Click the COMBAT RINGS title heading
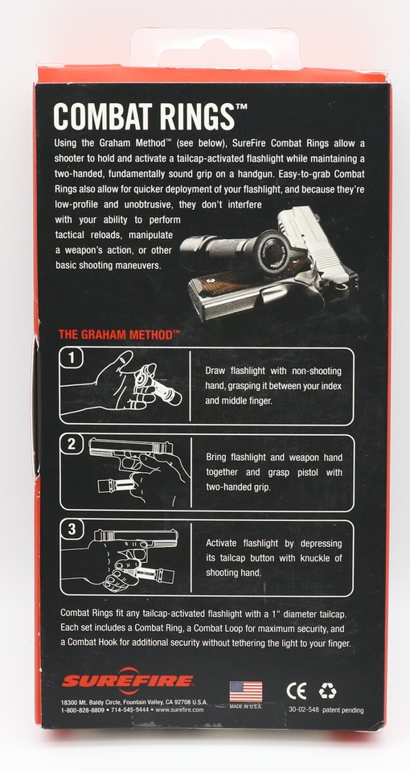click(x=144, y=115)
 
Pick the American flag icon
click(x=246, y=691)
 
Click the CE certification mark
click(x=297, y=691)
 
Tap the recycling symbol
click(x=327, y=691)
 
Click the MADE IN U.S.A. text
click(x=246, y=707)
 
